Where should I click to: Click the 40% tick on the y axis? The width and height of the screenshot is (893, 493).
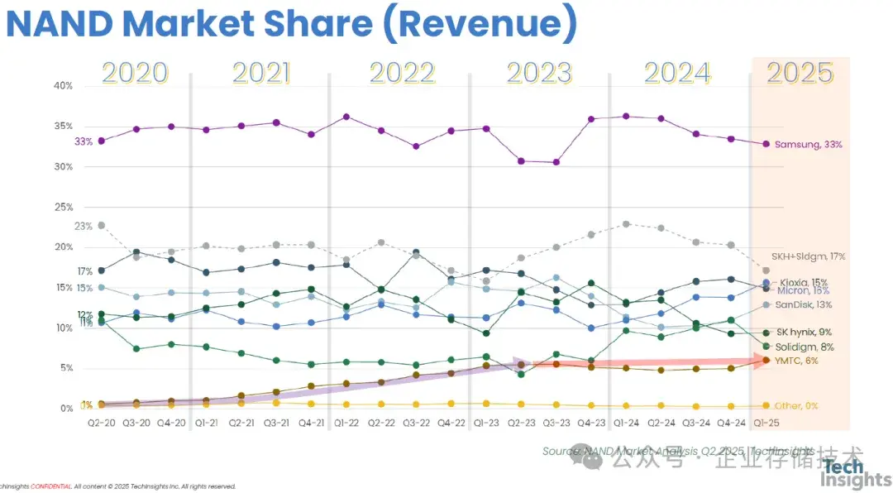point(63,86)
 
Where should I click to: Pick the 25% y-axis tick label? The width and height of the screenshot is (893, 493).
point(63,207)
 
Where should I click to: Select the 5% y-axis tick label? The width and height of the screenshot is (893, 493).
point(65,368)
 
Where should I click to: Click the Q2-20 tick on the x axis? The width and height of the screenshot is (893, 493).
point(101,422)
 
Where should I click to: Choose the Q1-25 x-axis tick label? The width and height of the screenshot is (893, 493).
point(766,422)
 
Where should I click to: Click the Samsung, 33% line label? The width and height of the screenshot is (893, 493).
point(808,145)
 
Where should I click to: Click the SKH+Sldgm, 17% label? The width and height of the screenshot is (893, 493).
point(809,257)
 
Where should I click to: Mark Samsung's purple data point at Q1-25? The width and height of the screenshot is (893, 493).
point(766,144)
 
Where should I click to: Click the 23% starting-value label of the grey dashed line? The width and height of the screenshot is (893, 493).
point(83,227)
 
